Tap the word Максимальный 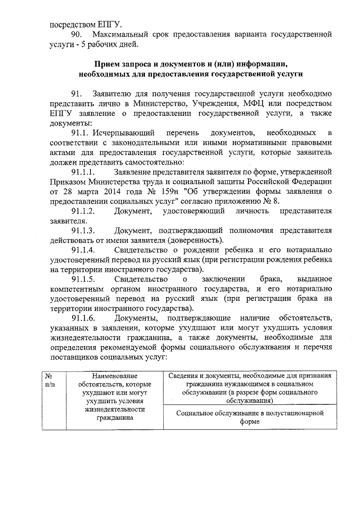(120, 35)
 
